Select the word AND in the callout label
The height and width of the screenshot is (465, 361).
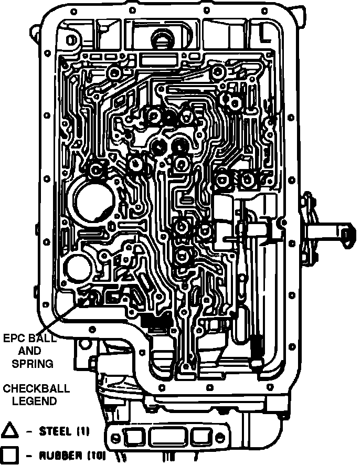(29, 350)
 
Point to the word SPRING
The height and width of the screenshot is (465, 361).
(29, 363)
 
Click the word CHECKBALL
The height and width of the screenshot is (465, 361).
(29, 389)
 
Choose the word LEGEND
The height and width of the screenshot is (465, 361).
(29, 401)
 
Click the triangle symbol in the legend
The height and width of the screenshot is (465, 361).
(9, 431)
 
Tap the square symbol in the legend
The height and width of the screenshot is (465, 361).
(9, 455)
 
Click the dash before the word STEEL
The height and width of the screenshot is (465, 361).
(29, 432)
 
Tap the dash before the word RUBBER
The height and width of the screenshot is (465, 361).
(29, 455)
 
